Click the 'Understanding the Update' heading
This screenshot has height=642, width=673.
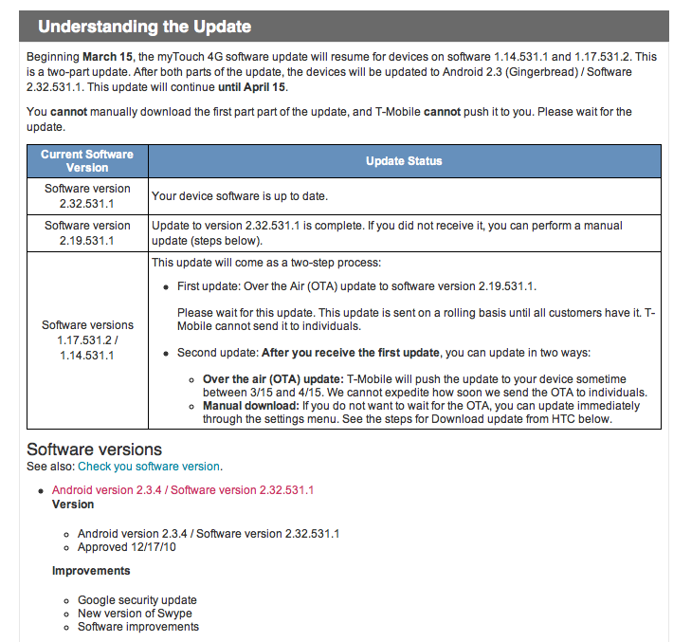click(x=144, y=27)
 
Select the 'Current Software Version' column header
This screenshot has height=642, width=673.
click(x=87, y=160)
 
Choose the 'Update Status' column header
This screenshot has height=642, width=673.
click(x=404, y=161)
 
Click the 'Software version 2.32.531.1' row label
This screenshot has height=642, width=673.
click(x=87, y=195)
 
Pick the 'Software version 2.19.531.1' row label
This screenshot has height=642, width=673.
click(x=87, y=232)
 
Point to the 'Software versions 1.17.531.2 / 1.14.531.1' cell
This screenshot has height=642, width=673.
click(x=87, y=340)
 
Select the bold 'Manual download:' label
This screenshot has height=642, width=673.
click(x=250, y=406)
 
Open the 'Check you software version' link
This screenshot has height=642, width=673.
click(x=149, y=467)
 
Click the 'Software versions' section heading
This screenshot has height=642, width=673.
click(x=94, y=449)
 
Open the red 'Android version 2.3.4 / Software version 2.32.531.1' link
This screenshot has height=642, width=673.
click(x=183, y=490)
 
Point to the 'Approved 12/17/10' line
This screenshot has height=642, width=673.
click(x=127, y=547)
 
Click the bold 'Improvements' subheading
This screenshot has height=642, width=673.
click(x=91, y=571)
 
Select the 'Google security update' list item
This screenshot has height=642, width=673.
click(x=137, y=600)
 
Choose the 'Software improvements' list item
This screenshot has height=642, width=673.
click(x=138, y=627)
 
